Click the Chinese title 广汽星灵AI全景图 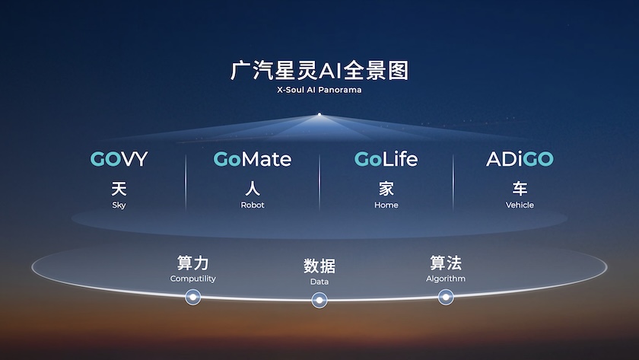(319, 71)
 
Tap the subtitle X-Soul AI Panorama (319, 90)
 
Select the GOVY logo (119, 159)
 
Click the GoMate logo (253, 159)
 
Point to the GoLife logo (386, 159)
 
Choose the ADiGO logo (520, 159)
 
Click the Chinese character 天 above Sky (119, 189)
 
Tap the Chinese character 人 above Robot (253, 189)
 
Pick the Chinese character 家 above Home (386, 189)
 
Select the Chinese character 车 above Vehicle (520, 189)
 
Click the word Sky (119, 205)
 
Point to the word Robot (253, 205)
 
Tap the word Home (386, 205)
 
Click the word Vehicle (520, 205)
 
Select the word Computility (192, 279)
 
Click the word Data (319, 282)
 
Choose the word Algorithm (446, 279)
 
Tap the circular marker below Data (319, 301)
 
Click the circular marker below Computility (192, 298)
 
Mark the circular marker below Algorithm (446, 298)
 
